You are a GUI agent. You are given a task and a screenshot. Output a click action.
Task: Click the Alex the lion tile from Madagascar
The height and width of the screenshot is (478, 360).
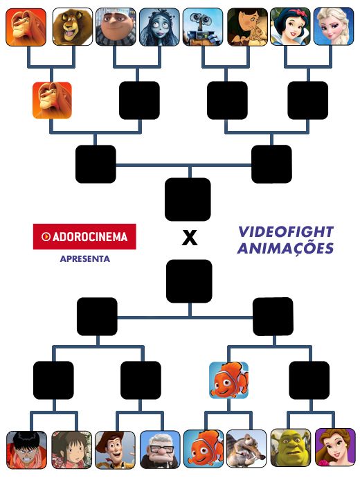73,27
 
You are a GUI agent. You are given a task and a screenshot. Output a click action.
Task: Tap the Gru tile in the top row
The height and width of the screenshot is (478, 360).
116,27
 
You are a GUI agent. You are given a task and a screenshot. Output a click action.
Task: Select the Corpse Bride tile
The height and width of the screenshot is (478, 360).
160,27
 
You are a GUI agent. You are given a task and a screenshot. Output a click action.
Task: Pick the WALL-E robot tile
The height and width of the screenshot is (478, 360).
203,27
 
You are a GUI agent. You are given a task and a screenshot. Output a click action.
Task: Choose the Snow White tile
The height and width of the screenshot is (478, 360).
290,27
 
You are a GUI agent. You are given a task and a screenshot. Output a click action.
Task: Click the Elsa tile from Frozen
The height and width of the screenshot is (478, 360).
334,27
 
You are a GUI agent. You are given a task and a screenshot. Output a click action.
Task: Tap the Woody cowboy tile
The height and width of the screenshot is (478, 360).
115,450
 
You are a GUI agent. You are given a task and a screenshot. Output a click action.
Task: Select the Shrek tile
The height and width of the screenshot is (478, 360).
291,448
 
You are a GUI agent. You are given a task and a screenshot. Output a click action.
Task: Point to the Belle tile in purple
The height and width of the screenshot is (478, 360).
335,448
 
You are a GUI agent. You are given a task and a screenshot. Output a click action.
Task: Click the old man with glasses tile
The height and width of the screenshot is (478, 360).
160,450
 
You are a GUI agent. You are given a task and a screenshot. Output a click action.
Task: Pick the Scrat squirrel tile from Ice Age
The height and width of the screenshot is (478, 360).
246,448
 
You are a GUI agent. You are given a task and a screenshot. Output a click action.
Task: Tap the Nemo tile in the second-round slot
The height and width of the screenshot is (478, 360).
228,380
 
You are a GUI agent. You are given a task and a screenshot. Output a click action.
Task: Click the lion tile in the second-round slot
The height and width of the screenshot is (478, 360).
52,100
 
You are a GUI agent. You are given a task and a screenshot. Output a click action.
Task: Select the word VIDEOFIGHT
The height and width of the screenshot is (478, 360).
286,231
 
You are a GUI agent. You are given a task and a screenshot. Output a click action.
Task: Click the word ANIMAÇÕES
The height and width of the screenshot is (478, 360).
285,248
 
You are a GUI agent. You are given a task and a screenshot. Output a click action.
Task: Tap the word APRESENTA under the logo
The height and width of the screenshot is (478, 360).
85,259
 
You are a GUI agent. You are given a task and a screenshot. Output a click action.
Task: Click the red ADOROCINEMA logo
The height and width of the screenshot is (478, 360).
84,236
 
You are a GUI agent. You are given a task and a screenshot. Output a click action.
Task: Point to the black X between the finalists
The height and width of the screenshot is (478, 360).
190,238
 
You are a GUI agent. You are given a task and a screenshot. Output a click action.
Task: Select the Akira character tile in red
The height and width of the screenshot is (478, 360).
27,450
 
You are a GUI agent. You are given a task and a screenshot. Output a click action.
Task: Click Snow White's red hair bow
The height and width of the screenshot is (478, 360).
302,12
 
